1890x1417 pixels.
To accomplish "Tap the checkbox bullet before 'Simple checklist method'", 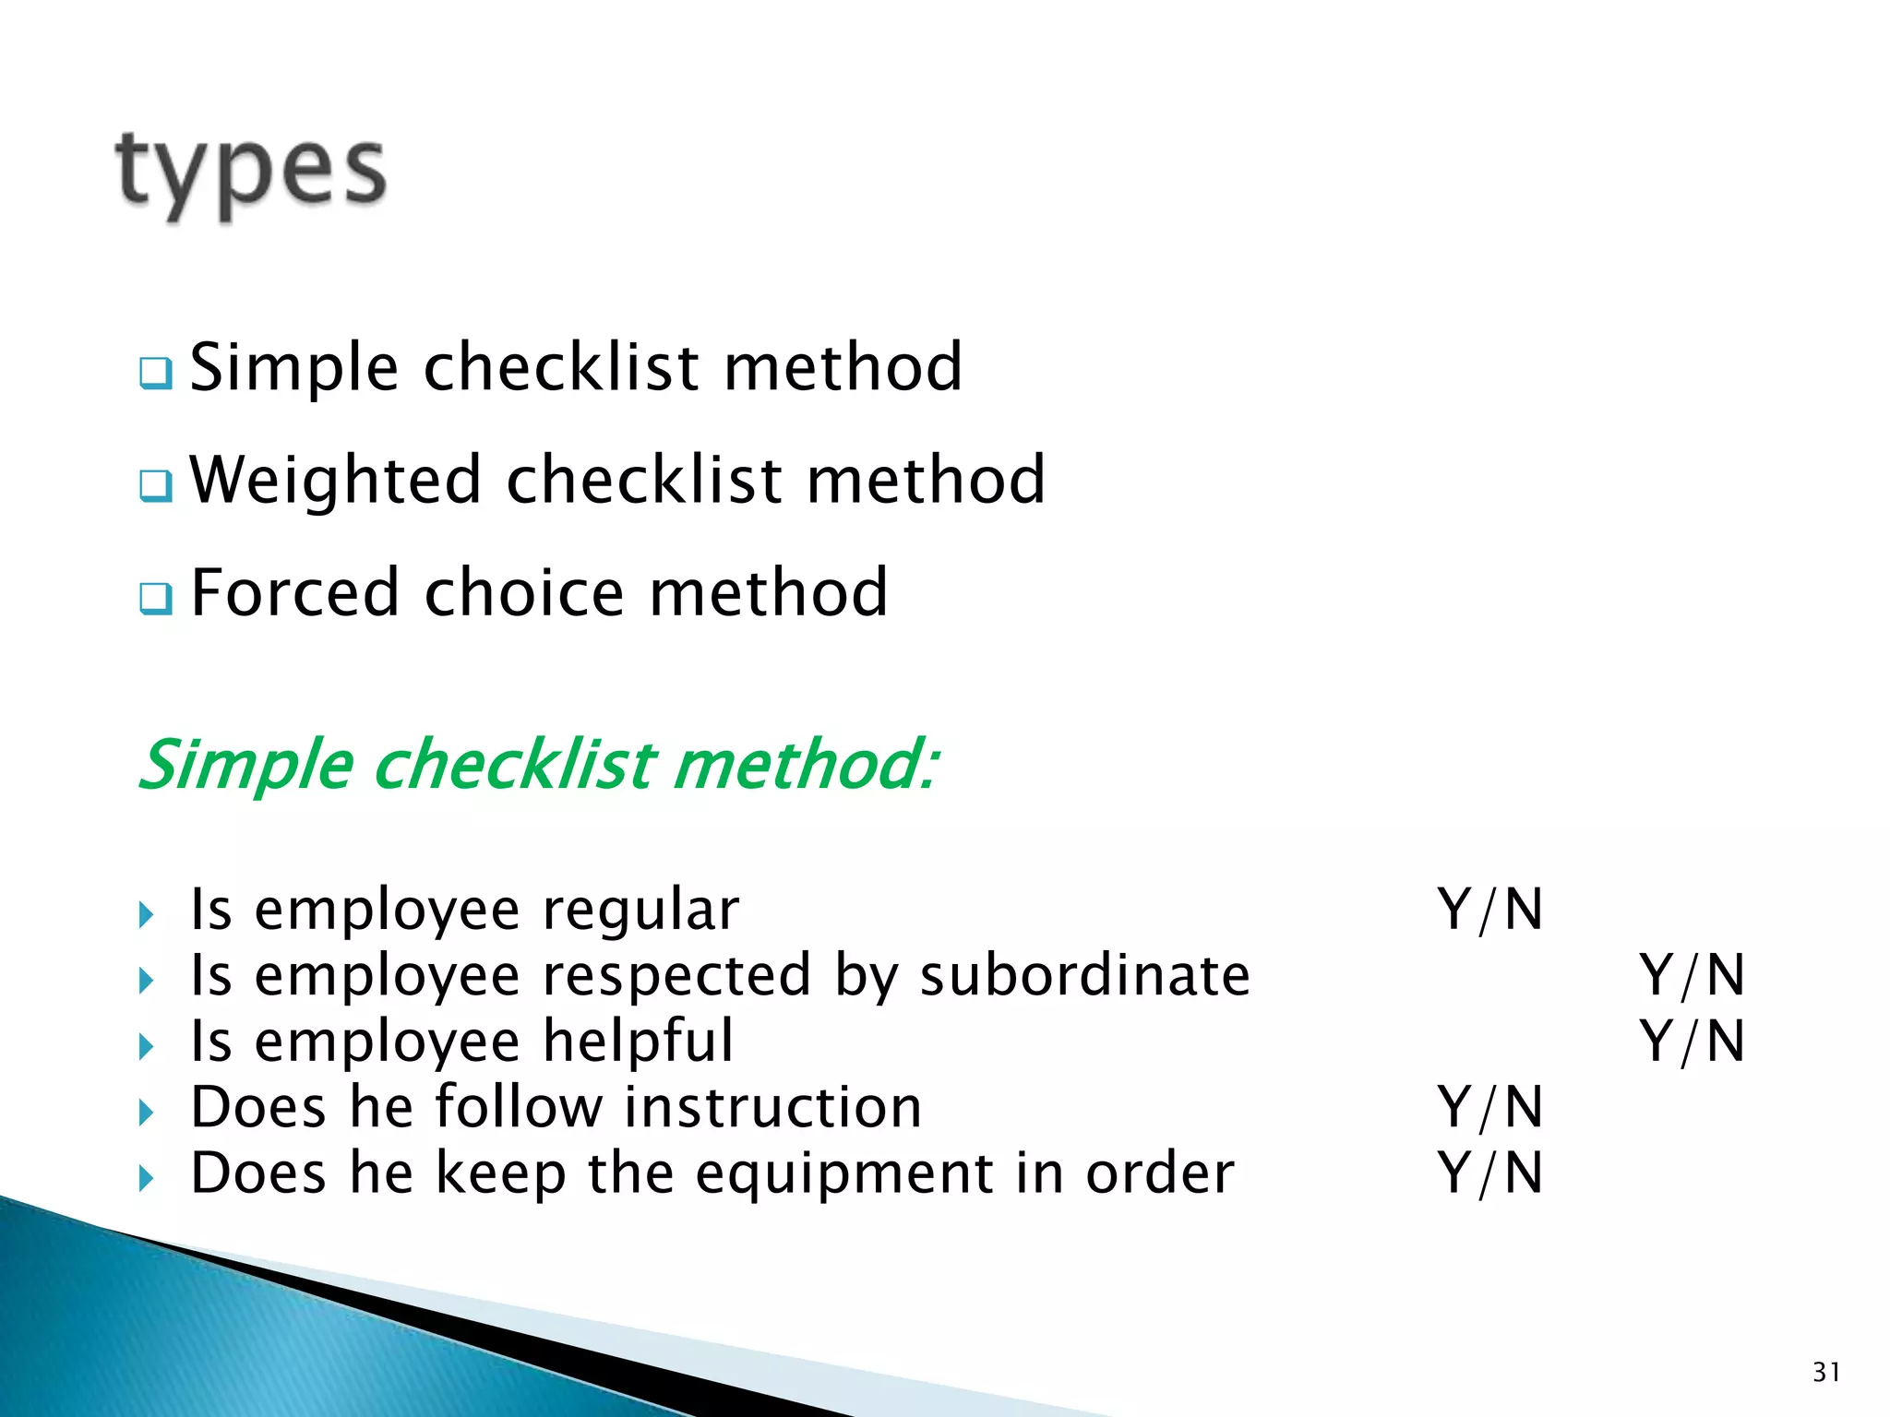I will (x=155, y=374).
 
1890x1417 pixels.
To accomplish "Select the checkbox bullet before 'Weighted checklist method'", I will (x=155, y=485).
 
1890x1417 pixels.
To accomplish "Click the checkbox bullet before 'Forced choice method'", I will (x=155, y=598).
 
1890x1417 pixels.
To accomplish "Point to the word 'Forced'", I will (x=294, y=592).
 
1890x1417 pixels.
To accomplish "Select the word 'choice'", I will (x=523, y=592).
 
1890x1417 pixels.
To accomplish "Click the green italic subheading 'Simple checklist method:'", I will (x=539, y=765).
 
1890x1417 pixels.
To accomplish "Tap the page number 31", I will (x=1826, y=1373).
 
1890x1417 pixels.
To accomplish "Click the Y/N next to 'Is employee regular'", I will (x=1489, y=911).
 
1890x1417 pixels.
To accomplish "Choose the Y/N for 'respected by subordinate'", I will (x=1692, y=976).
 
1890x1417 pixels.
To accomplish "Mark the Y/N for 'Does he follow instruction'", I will (x=1489, y=1108).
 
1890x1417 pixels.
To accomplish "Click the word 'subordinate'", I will (x=1084, y=975).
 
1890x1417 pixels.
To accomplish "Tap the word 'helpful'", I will (x=638, y=1042).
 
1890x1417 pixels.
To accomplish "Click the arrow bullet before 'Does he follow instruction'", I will (x=146, y=1113).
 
